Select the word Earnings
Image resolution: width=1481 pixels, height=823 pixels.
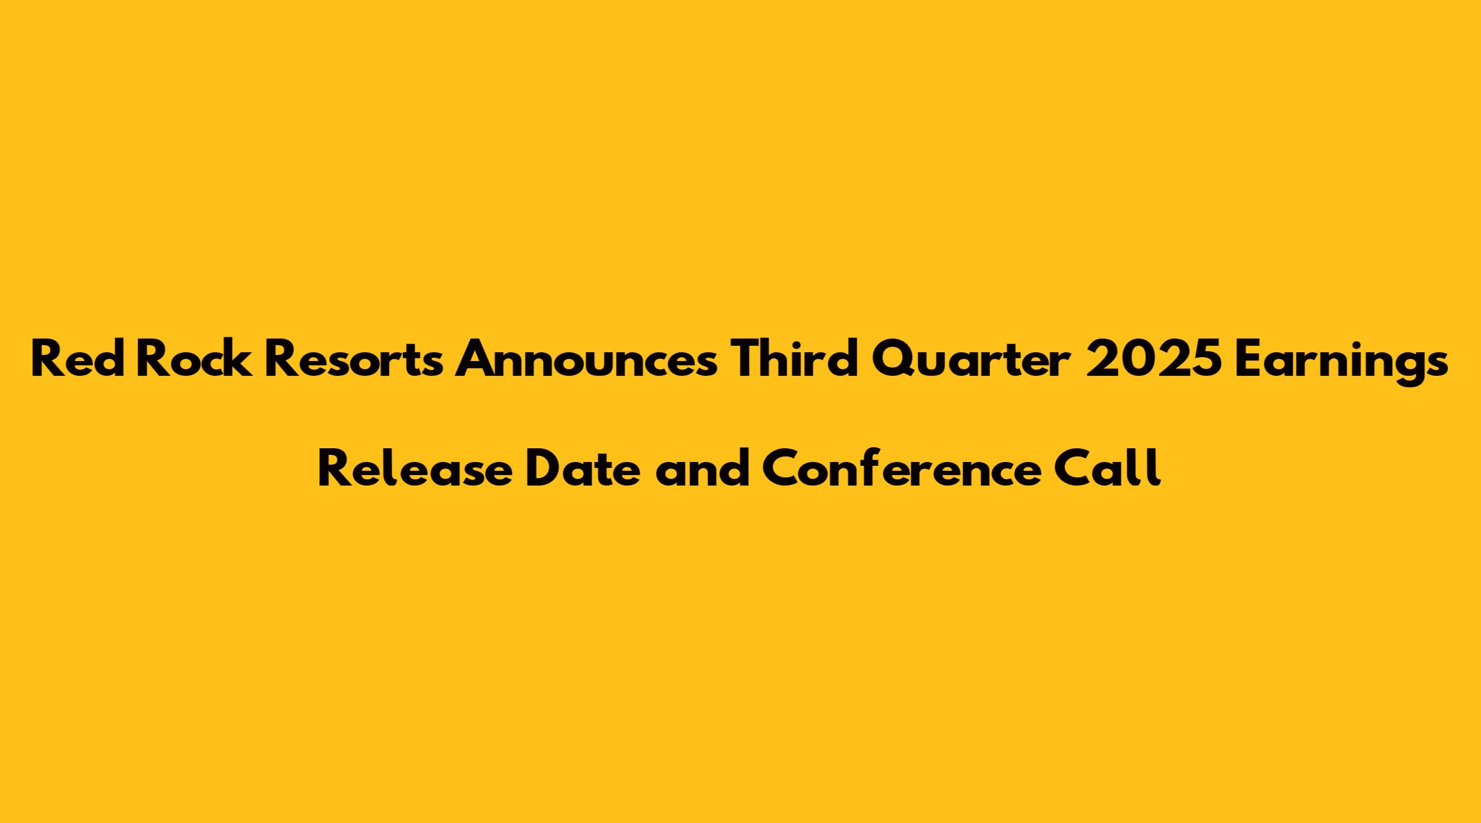coord(1338,362)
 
